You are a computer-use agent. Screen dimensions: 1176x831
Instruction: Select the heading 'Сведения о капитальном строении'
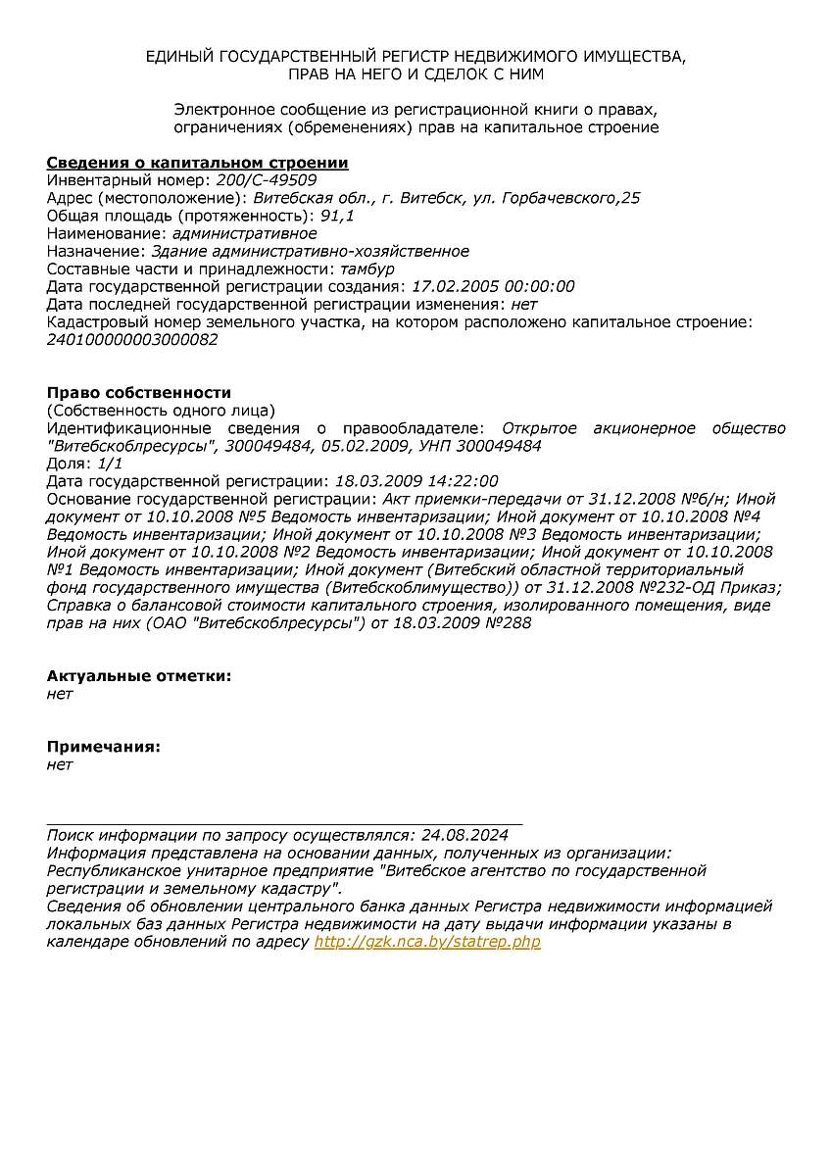198,163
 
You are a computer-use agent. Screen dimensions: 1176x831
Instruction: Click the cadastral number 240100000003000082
132,340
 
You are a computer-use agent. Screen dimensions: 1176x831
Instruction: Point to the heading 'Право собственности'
139,393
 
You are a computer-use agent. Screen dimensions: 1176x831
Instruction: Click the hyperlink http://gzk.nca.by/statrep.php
427,942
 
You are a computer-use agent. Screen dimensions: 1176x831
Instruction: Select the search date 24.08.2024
464,836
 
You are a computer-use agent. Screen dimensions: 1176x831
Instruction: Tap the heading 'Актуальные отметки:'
139,676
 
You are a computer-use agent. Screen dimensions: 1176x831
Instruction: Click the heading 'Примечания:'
104,747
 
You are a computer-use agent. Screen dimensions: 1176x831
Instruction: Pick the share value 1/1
111,464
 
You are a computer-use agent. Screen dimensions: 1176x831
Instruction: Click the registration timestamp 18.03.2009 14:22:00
416,481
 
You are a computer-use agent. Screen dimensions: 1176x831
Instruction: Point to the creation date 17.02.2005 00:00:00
493,287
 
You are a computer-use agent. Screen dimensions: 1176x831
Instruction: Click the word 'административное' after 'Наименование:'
244,233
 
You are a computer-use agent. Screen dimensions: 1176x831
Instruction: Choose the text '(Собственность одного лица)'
161,411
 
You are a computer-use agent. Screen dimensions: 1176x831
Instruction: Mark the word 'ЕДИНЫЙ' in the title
178,56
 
